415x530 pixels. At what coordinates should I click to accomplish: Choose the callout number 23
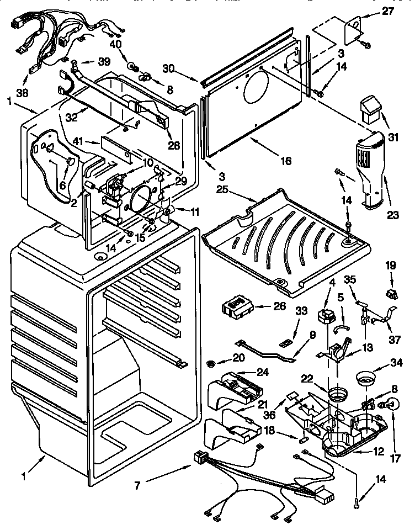click(392, 215)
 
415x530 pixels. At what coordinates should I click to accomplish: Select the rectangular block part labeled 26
click(237, 306)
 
